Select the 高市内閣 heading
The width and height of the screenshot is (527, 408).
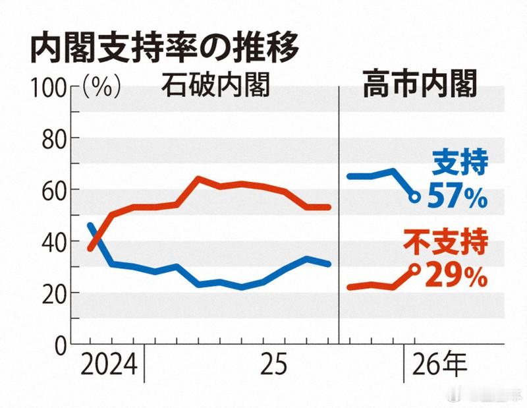420,86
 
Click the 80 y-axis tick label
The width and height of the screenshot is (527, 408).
56,138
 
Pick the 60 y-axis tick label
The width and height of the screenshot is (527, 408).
56,190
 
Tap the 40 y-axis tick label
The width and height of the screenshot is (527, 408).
56,241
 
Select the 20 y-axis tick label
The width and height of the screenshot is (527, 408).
56,293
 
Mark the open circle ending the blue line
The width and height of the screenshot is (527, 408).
414,197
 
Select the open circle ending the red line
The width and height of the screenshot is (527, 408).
414,268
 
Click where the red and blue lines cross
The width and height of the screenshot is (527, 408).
95,239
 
